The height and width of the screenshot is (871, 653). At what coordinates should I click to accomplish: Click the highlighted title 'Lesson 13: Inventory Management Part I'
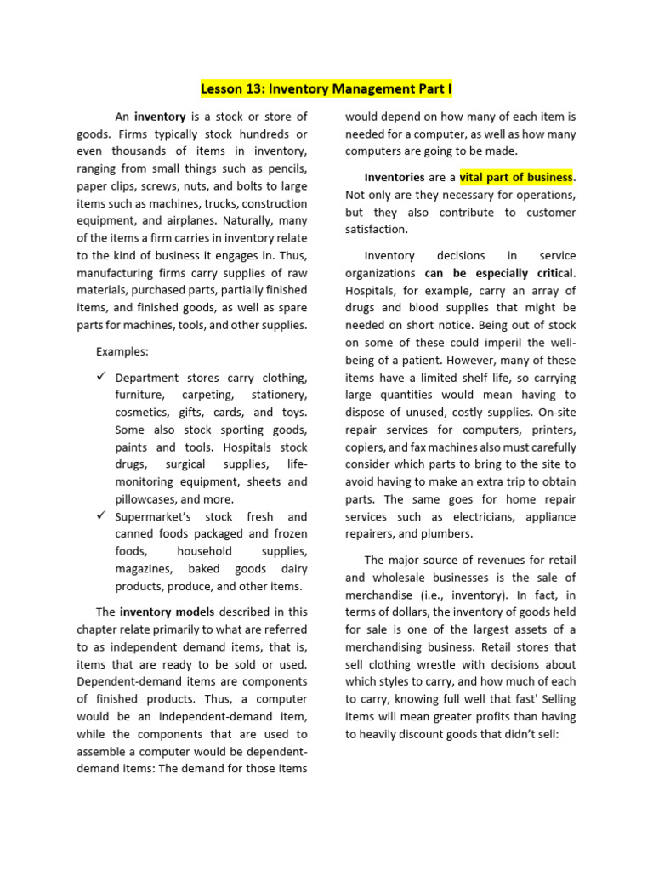[326, 88]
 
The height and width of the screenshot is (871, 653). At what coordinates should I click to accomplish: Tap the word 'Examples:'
[122, 351]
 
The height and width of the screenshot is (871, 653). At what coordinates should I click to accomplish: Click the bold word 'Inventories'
[394, 177]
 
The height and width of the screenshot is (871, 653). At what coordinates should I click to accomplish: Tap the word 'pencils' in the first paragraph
[287, 168]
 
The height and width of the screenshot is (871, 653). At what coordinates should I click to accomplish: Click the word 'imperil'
[502, 343]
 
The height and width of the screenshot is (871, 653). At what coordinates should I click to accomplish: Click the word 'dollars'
[417, 612]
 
